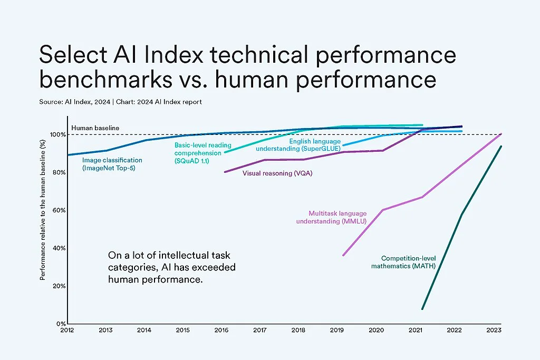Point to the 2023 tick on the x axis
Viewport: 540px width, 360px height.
(x=494, y=330)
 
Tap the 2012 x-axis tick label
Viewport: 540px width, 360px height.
(x=67, y=330)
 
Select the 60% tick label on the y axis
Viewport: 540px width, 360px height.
(x=58, y=210)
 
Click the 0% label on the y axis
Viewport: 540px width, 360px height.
(x=60, y=324)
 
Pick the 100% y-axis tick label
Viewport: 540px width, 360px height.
(x=57, y=135)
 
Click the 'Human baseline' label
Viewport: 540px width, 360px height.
(x=95, y=128)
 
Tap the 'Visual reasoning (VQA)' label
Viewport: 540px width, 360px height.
(x=277, y=173)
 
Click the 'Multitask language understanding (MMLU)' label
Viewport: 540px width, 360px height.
(x=337, y=217)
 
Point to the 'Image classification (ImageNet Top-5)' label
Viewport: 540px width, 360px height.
(x=112, y=164)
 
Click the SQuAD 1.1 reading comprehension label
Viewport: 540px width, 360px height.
(x=199, y=152)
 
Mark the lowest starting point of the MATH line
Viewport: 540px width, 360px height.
(x=422, y=309)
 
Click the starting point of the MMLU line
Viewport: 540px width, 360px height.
(x=343, y=256)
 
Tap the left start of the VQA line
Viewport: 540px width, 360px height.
(x=225, y=172)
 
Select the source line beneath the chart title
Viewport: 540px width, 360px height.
(x=120, y=102)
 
